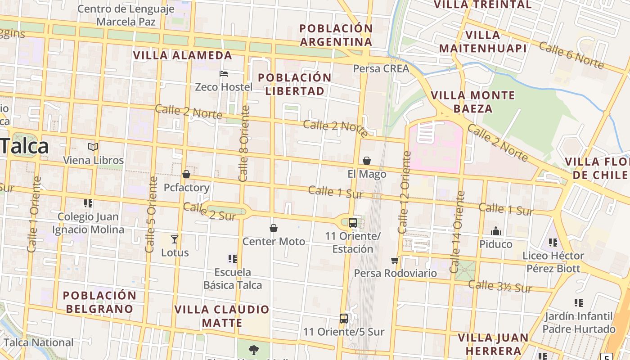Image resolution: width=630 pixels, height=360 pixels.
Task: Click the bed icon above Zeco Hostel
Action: (224, 73)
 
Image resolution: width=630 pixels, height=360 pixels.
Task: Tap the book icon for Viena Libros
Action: (93, 147)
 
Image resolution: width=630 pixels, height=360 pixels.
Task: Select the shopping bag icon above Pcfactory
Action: (186, 174)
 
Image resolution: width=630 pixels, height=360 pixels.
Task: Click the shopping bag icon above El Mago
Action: (367, 161)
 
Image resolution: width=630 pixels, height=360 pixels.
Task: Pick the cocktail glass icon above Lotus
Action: (175, 239)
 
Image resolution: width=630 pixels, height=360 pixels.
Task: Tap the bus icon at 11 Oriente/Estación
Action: (353, 222)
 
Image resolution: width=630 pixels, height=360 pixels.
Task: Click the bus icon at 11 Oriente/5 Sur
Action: (344, 319)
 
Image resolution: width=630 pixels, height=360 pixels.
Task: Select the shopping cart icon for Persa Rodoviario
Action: (395, 260)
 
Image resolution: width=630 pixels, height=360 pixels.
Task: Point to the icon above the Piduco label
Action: (496, 231)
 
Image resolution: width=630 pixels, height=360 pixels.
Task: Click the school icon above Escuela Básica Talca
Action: (232, 259)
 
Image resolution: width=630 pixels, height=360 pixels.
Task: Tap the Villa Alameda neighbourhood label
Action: (183, 55)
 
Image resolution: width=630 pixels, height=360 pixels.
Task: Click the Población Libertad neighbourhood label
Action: (295, 84)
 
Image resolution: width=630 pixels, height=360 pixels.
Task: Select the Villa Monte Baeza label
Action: (472, 102)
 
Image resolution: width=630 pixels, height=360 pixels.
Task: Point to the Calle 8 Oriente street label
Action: (244, 143)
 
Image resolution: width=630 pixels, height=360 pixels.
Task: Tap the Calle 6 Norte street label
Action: (571, 55)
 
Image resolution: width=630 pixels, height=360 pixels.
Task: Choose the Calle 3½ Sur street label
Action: (500, 286)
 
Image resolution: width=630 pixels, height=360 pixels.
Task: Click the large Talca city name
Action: (25, 146)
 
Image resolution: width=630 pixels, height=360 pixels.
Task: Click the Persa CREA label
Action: (381, 68)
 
